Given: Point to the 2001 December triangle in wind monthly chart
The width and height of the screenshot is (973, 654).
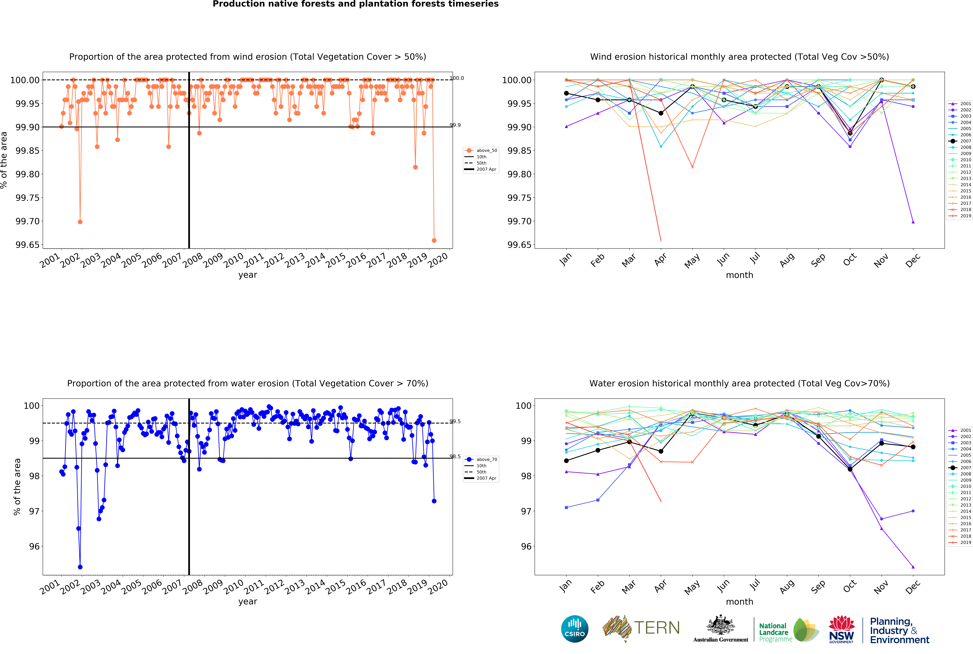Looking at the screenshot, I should [x=913, y=222].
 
